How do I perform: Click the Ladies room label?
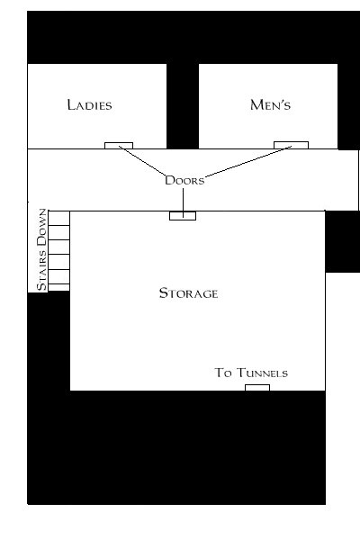point(90,105)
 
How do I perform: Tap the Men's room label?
point(270,104)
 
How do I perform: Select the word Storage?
point(188,293)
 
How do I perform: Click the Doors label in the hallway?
point(184,181)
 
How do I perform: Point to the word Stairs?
point(41,270)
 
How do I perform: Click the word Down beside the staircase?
point(41,228)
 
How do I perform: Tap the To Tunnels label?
point(251,373)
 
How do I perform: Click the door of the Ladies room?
point(119,145)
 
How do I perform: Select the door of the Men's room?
point(291,145)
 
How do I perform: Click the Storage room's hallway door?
point(183,216)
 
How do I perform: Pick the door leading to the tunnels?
point(257,388)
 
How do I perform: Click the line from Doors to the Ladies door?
point(142,160)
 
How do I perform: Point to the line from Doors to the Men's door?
point(248,161)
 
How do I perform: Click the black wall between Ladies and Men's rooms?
point(183,106)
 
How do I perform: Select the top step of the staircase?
point(58,218)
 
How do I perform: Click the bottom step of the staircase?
point(58,288)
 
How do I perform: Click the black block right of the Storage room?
point(343,241)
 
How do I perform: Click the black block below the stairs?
point(49,345)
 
